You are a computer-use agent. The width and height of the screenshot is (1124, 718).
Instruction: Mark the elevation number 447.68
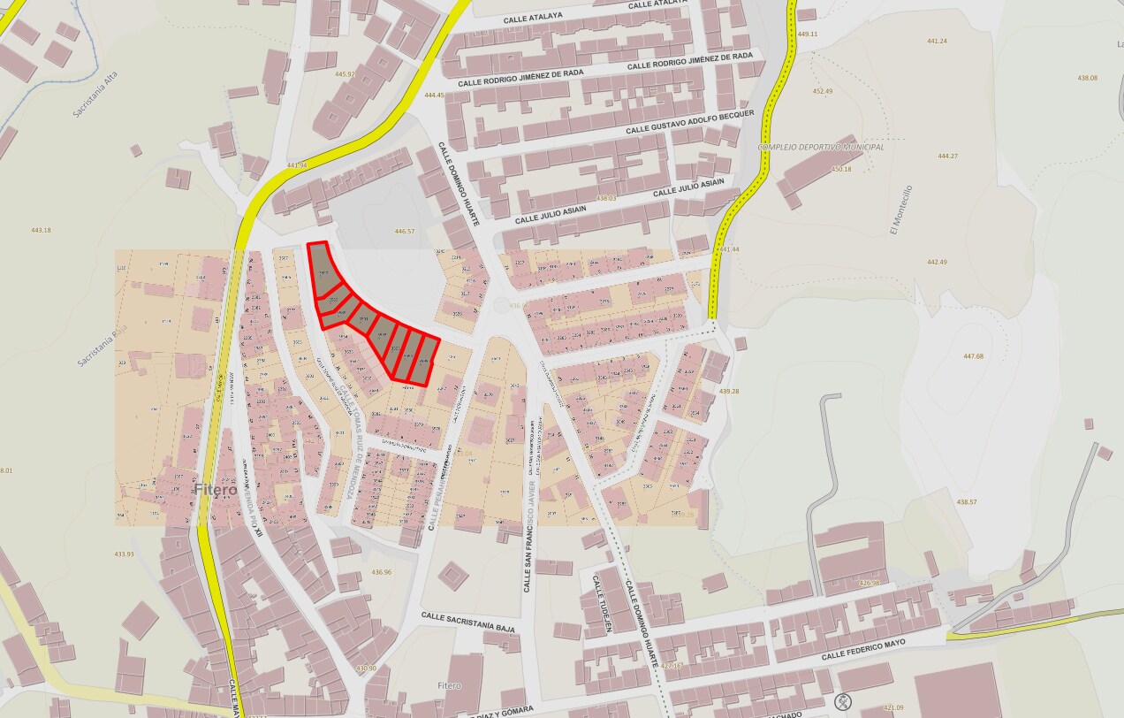coord(973,356)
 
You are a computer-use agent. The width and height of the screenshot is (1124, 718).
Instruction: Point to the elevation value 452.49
coord(822,91)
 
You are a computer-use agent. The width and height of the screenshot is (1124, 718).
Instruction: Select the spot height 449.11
coord(808,34)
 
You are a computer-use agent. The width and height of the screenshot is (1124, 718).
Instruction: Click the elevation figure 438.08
coord(1087,78)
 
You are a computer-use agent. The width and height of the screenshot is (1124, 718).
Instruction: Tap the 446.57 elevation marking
coord(404,232)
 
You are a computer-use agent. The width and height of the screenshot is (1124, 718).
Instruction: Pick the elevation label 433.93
coord(124,554)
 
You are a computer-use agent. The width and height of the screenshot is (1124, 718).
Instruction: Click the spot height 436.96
coord(381,572)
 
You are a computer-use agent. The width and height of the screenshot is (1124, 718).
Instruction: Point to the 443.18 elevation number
coord(41,230)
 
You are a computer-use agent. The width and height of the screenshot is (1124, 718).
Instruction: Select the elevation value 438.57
coord(967,502)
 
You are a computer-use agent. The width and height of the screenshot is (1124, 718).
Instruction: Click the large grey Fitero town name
coord(216,489)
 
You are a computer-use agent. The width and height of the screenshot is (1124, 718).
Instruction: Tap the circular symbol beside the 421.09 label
coord(844,703)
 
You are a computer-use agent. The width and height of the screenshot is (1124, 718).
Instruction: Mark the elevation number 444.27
coord(947,156)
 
